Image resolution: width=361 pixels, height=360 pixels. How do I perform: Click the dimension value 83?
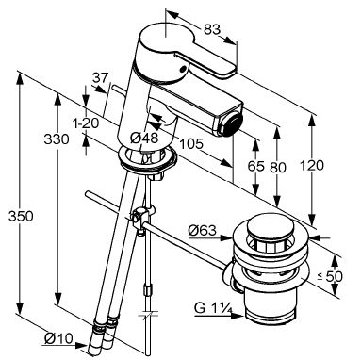[212, 30]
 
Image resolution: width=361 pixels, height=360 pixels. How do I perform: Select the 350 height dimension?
[21, 217]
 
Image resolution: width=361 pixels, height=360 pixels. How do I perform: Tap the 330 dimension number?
[57, 139]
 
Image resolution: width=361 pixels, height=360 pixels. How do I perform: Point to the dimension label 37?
[101, 77]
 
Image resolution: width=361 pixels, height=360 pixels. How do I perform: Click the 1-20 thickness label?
[86, 123]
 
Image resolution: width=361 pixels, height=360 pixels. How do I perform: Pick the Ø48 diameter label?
[144, 138]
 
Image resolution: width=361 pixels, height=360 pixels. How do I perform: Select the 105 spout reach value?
[191, 144]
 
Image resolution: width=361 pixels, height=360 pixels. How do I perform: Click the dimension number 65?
[255, 166]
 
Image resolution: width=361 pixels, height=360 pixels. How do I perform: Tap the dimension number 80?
[278, 167]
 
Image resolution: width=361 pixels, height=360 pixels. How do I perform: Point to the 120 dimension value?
[312, 165]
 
